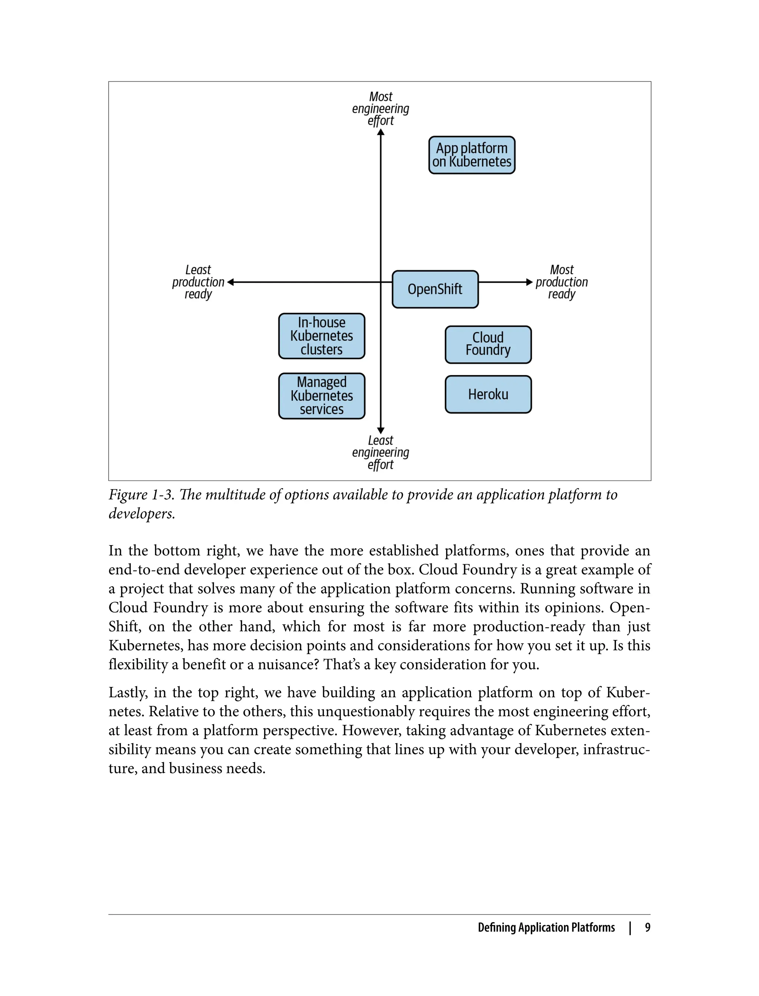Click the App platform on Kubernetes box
pos(472,155)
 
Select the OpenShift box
pos(435,289)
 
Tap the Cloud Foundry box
pos(488,344)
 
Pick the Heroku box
pos(488,394)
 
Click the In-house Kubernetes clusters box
pos(321,336)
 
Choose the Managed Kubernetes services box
pos(321,396)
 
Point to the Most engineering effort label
pos(380,109)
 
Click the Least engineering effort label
pos(380,452)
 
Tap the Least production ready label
pos(198,282)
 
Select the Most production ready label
pos(561,282)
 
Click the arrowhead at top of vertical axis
pos(380,132)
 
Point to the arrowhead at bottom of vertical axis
pos(380,431)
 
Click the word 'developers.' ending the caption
pos(142,514)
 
